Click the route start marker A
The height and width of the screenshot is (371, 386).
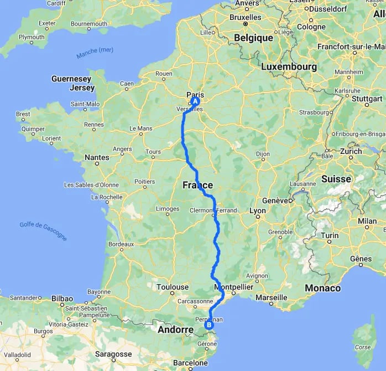[195, 101]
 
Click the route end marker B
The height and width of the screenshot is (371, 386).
[209, 325]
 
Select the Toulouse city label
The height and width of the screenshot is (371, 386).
[172, 287]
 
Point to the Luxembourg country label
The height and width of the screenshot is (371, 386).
[289, 67]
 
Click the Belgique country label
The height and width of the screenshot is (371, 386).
[254, 38]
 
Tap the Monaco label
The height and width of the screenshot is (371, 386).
[322, 288]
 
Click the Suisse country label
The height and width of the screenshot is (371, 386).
[336, 179]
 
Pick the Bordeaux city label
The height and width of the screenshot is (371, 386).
[121, 244]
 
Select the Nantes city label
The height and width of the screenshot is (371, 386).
[97, 158]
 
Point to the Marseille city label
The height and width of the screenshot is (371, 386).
[272, 297]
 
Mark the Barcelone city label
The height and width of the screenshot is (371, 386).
[190, 363]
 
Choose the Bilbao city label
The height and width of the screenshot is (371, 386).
[63, 298]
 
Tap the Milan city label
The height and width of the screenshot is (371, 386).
[367, 221]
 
